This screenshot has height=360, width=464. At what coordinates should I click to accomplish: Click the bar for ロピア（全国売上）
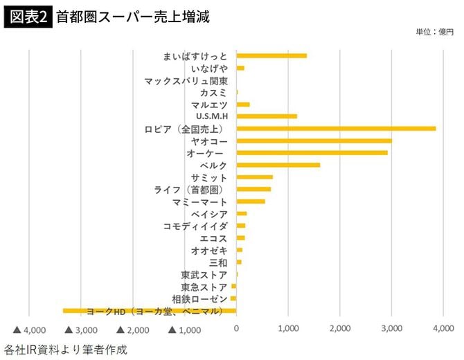point(336,128)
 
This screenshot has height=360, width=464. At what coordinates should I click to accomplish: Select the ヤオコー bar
point(314,141)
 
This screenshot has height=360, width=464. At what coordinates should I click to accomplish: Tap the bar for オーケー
point(312,152)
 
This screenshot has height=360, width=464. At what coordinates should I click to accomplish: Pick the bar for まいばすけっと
point(271,55)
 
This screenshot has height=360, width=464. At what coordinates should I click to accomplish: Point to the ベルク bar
point(278,165)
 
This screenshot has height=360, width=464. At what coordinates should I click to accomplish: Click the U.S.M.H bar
point(267,116)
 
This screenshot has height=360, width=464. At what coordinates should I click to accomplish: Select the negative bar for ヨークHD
point(150,311)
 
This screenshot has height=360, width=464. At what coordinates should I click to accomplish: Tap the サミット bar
point(254,177)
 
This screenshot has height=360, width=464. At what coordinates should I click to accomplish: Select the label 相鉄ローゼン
point(199,299)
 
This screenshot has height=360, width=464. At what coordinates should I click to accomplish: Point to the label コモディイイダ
point(195,226)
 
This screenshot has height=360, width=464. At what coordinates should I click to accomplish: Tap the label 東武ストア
point(204,275)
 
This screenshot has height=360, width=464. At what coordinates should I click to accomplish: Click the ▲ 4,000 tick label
point(29,330)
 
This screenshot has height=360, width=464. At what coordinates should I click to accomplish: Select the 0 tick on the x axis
point(237,330)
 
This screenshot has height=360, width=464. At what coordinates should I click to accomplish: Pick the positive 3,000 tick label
point(391,330)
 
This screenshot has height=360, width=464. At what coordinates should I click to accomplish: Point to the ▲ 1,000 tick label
point(184,330)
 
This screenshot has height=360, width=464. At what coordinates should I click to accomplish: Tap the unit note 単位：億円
point(434,32)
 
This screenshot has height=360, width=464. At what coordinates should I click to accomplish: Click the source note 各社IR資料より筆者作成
point(66,349)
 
